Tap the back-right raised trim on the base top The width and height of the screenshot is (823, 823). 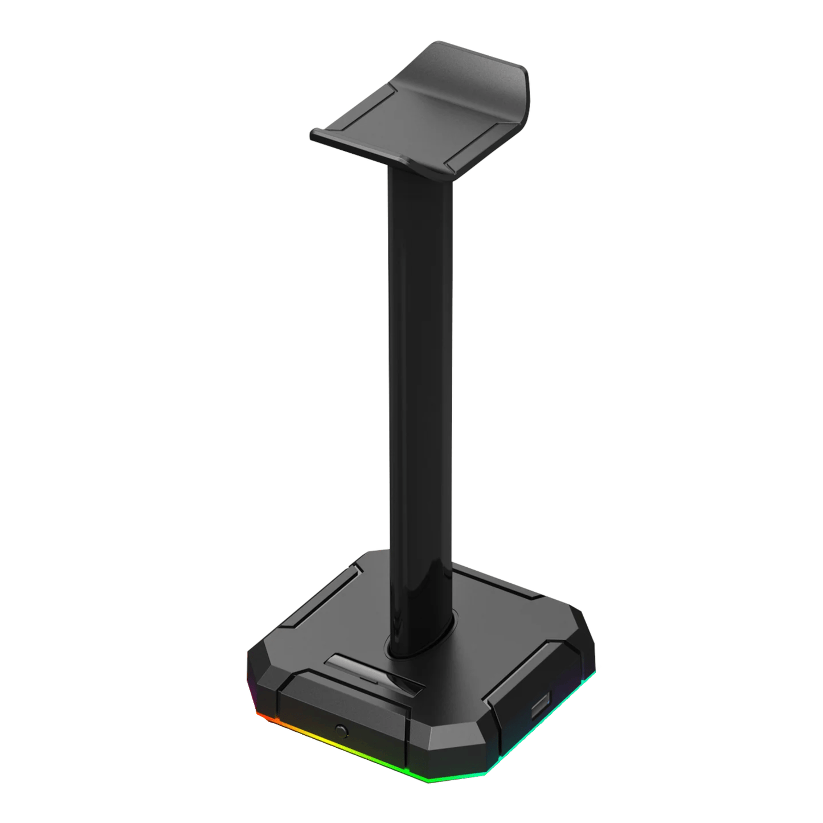tap(501, 587)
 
